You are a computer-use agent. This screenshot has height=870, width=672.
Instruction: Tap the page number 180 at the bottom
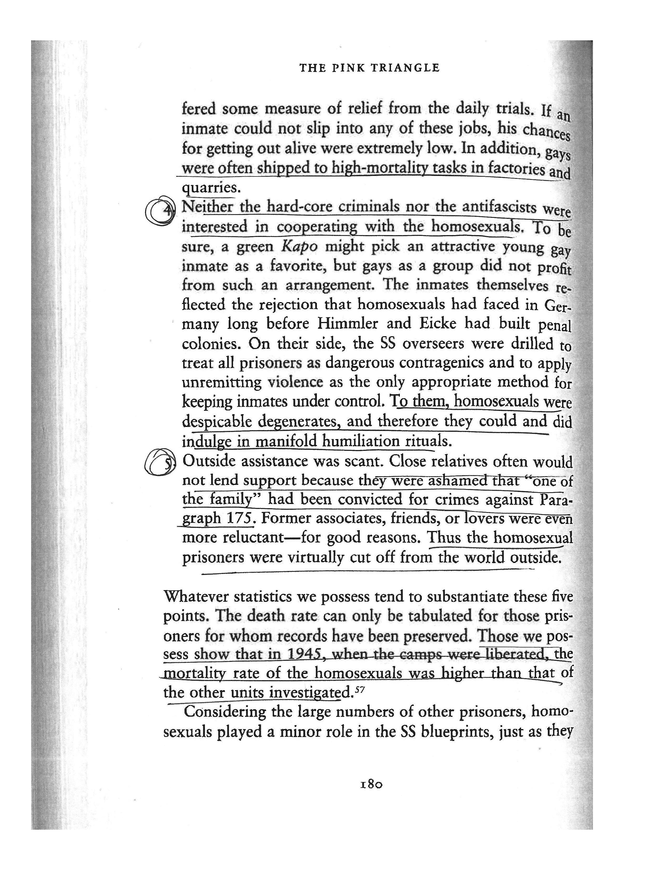pyautogui.click(x=371, y=785)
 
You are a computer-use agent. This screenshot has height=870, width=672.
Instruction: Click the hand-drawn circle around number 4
pyautogui.click(x=160, y=211)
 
